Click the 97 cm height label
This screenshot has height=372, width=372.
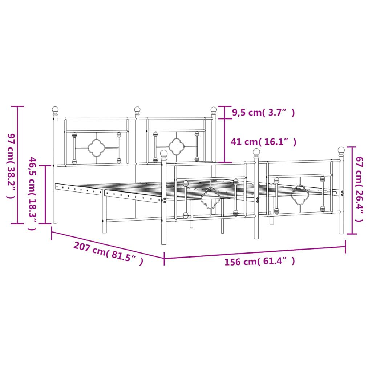[11, 165]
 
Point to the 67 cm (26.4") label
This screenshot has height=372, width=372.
[359, 189]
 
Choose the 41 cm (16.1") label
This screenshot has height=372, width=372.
[263, 142]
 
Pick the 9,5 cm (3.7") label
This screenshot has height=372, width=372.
[263, 113]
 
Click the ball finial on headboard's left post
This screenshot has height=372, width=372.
[55, 109]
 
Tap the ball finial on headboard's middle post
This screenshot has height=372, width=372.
[137, 109]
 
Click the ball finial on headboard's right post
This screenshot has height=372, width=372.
[214, 109]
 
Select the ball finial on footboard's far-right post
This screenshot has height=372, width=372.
[341, 150]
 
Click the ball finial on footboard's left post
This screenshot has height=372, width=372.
[164, 154]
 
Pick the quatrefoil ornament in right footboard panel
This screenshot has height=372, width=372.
[300, 194]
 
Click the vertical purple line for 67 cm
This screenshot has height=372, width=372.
[351, 190]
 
